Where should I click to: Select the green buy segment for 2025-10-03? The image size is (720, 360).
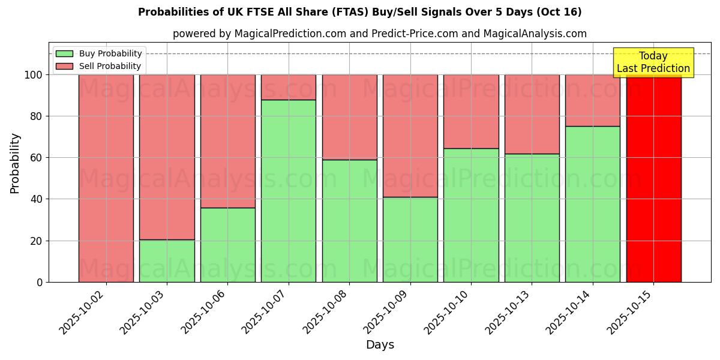click(167, 261)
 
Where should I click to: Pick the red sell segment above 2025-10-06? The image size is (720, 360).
click(228, 141)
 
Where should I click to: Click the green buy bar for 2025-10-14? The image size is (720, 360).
click(593, 204)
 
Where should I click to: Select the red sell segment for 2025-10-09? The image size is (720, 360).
click(410, 136)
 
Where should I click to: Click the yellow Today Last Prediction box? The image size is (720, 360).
click(653, 62)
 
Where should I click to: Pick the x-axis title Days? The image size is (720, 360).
click(380, 345)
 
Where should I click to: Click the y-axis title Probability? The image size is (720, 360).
click(15, 163)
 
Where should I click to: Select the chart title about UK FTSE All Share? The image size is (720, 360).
click(359, 12)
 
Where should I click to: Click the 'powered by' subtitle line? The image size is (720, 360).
click(379, 34)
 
